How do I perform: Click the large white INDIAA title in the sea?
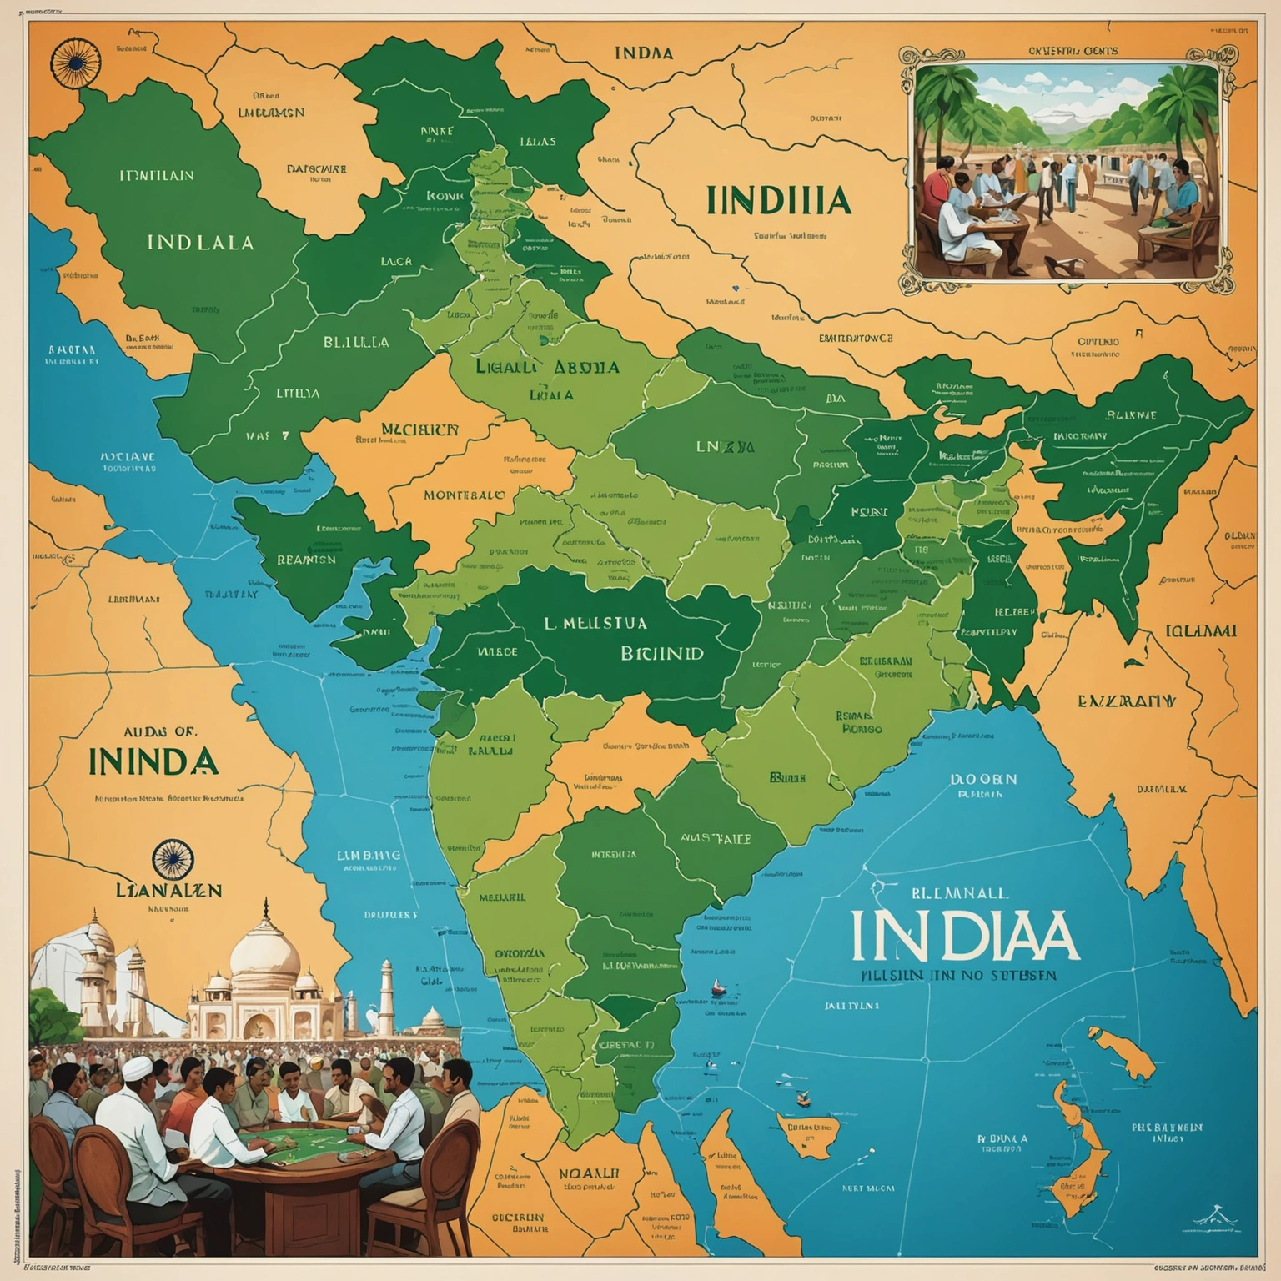coord(965,936)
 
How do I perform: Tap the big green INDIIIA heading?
coord(777,202)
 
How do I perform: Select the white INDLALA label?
coord(200,243)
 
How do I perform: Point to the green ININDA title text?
coord(153,761)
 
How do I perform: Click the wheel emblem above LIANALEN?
coord(173,860)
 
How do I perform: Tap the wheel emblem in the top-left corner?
coord(71,63)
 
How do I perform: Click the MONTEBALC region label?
coord(464,495)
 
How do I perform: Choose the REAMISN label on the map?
coord(306,560)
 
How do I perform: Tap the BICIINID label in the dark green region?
coord(662,653)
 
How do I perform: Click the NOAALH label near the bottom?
coord(589,1173)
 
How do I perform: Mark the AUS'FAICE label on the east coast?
coord(716,839)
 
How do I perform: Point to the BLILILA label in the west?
coord(355,342)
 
